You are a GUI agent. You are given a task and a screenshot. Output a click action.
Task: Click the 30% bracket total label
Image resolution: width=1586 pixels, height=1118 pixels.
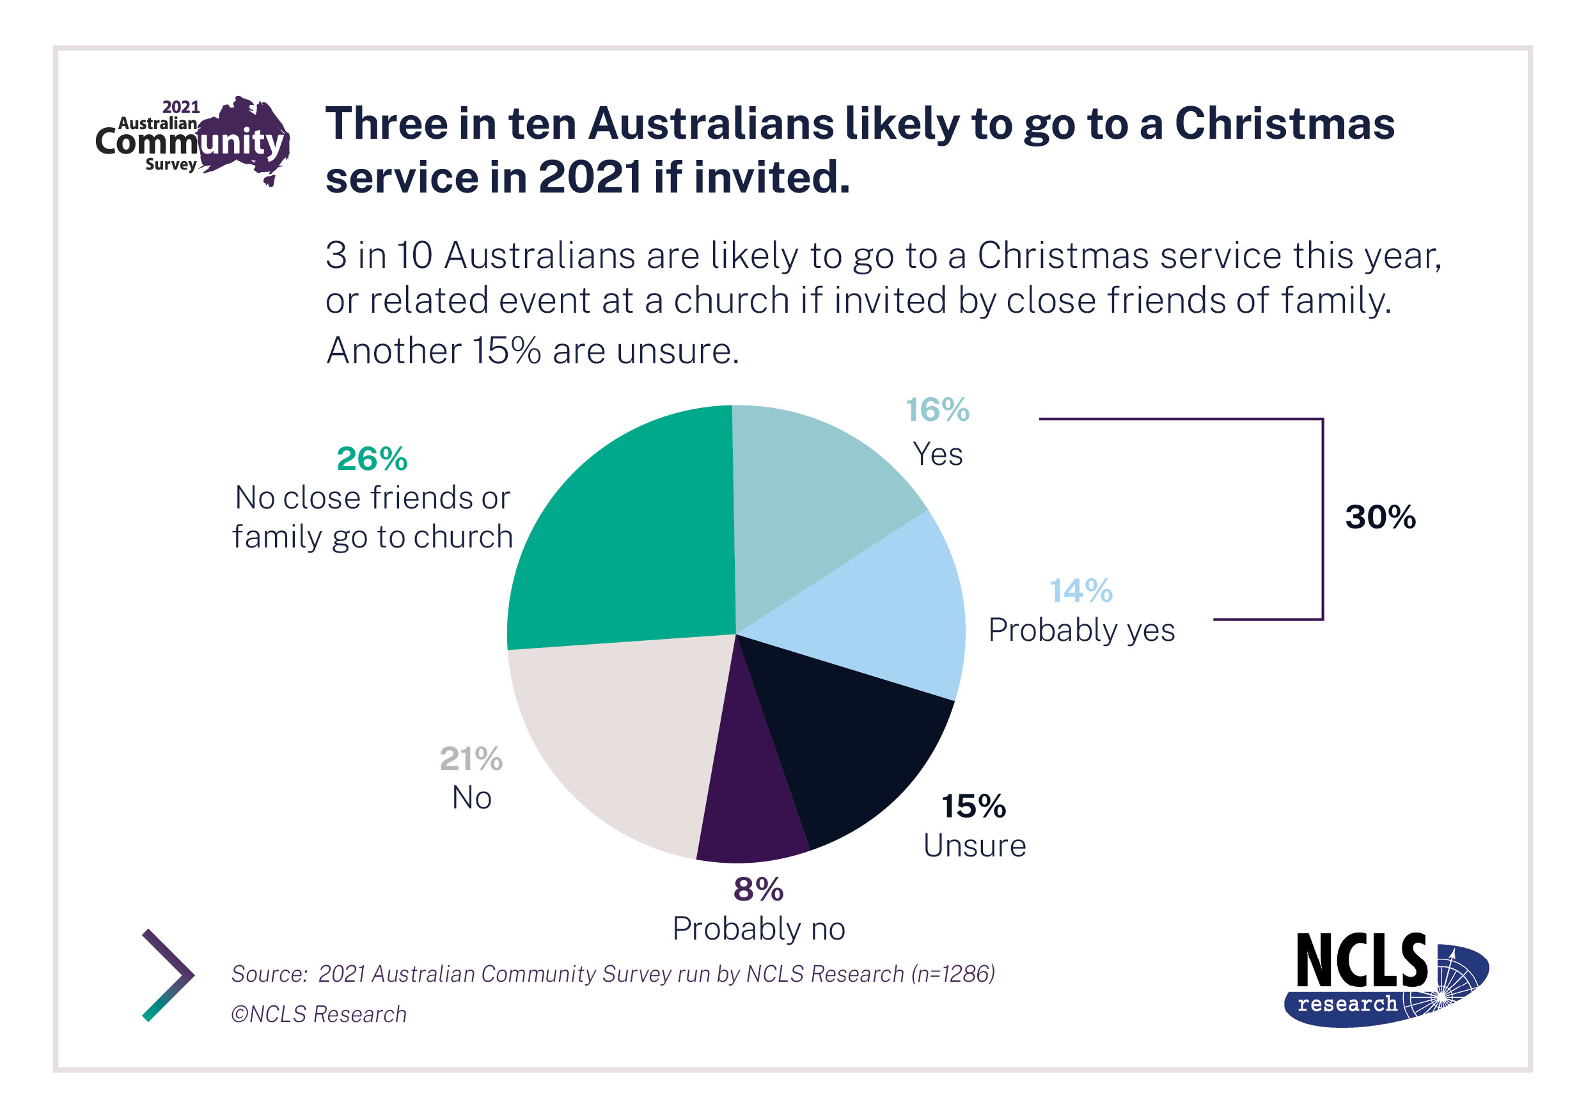1379,517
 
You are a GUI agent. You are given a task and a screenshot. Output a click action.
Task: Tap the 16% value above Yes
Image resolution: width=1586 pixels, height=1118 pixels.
938,410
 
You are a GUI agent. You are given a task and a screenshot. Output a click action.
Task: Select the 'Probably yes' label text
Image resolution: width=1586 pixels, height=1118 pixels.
1081,630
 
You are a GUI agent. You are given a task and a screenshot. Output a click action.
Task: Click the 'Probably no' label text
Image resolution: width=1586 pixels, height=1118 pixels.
758,929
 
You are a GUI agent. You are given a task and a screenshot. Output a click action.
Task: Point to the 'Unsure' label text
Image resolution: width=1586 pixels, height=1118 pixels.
974,846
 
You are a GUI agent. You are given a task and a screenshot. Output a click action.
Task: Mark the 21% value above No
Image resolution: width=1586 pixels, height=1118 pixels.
471,759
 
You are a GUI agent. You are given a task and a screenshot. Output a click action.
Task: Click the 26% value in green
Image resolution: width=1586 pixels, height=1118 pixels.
372,459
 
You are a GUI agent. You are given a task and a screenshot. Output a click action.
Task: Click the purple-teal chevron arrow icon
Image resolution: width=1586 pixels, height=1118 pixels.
167,975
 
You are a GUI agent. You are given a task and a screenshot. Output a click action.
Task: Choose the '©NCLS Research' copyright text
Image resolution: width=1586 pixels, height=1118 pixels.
318,1014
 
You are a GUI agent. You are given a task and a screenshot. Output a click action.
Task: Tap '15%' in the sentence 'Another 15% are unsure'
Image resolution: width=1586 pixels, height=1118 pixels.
506,351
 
